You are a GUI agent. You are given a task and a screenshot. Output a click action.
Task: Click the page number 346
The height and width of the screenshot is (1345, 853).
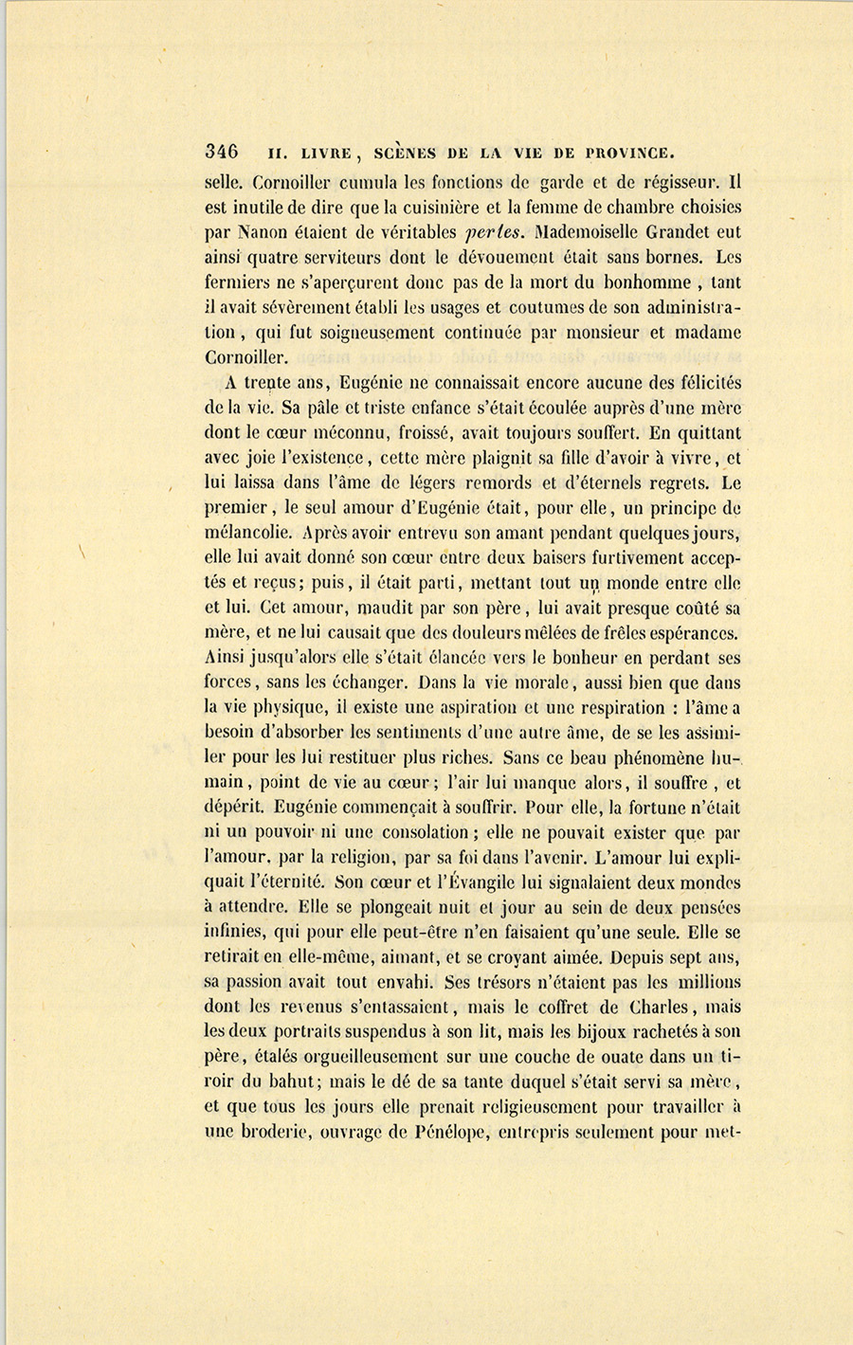[x=221, y=152]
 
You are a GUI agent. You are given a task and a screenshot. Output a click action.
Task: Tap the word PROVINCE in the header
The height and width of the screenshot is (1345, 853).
[x=629, y=152]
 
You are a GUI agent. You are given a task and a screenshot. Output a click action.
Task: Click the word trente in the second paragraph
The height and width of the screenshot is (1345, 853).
[x=266, y=384]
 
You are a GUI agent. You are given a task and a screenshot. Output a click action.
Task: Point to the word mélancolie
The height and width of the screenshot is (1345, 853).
[x=246, y=534]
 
